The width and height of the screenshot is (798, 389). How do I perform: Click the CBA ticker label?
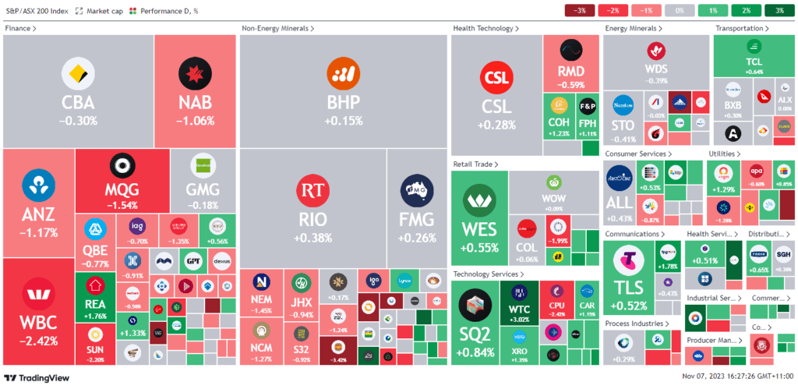tap(78, 104)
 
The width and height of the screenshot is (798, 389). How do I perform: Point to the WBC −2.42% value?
tap(37, 341)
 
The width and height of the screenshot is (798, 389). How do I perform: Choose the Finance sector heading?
tap(20, 28)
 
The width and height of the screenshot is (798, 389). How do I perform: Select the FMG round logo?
tap(416, 190)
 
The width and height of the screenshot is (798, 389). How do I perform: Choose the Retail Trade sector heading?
tap(475, 164)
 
